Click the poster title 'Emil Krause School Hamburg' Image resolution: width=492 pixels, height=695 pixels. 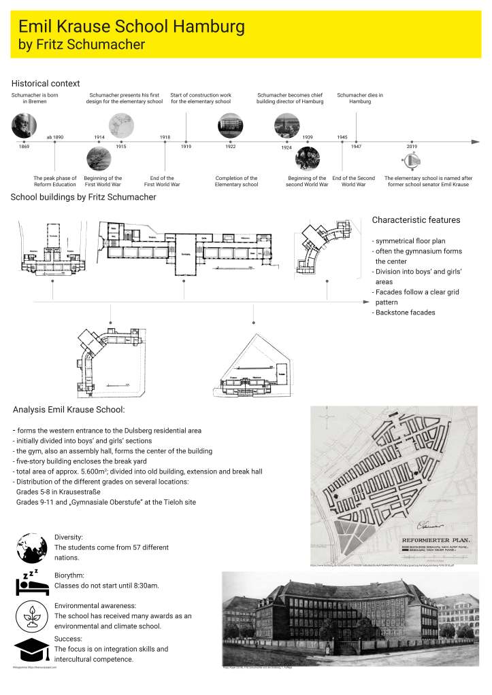click(x=131, y=27)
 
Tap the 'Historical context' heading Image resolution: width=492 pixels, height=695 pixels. click(x=45, y=83)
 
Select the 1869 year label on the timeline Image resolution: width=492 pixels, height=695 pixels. click(x=24, y=147)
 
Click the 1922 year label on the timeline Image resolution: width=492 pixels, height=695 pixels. click(x=230, y=147)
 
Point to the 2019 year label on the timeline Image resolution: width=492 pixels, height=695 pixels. click(x=412, y=147)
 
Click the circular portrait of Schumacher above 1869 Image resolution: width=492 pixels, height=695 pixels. click(x=24, y=126)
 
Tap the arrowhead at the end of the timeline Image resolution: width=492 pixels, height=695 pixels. click(x=475, y=142)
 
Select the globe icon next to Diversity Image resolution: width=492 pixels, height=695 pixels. click(x=31, y=547)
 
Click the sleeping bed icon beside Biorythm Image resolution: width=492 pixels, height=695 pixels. click(x=31, y=582)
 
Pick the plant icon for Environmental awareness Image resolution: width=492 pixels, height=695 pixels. click(x=31, y=616)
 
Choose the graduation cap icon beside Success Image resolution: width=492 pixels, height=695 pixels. click(x=31, y=651)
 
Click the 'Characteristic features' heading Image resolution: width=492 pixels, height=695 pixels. click(x=416, y=220)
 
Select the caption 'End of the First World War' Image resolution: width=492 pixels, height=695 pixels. click(x=165, y=181)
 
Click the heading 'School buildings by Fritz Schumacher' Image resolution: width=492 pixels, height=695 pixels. click(x=83, y=198)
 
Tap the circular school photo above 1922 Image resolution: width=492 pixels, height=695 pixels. click(x=230, y=126)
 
